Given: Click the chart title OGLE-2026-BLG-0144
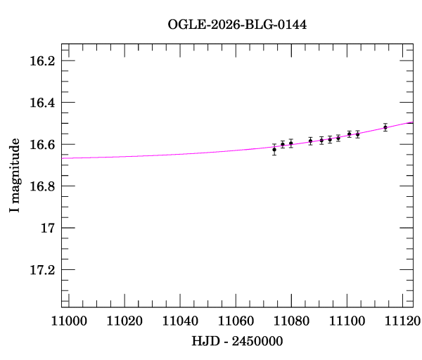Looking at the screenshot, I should click(x=237, y=25).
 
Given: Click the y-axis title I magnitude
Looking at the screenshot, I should click(x=15, y=176).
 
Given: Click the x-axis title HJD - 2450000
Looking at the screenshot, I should click(x=237, y=342).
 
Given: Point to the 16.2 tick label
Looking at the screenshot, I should click(x=41, y=60).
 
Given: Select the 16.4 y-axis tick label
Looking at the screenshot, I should click(x=41, y=103).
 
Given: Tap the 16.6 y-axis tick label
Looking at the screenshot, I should click(x=41, y=144).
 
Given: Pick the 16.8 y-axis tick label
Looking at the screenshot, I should click(x=41, y=186).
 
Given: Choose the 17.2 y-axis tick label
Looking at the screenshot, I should click(x=41, y=270).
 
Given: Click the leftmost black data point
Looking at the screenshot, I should click(x=274, y=150).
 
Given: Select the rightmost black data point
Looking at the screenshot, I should click(x=385, y=127).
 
